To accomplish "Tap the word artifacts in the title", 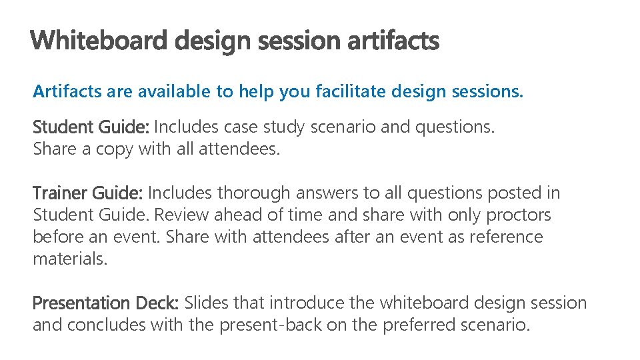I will click(393, 41).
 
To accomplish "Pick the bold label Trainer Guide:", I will click(87, 193).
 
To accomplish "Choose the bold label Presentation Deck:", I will click(105, 303).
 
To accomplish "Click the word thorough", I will click(254, 193).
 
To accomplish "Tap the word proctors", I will click(519, 215).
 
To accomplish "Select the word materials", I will click(69, 259).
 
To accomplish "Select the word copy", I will click(114, 149).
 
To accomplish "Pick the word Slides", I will click(205, 303).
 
